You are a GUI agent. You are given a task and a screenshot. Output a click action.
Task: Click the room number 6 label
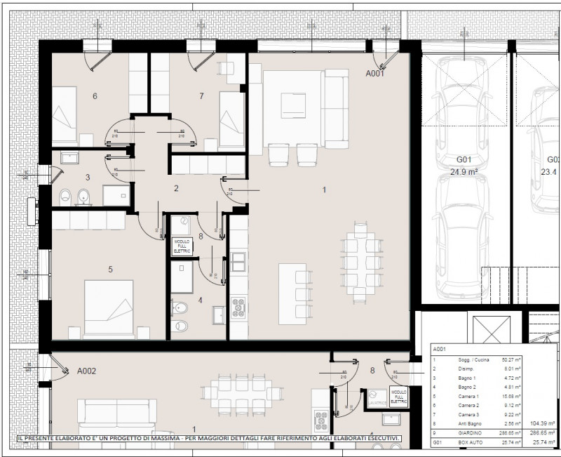[x=95, y=96]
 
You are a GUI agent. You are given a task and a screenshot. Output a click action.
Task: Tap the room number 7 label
[x=201, y=96]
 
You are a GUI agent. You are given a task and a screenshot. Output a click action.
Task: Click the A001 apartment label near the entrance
[x=376, y=73]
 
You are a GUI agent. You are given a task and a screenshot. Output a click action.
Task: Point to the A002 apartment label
[x=87, y=371]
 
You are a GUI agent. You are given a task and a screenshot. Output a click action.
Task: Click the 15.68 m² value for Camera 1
[x=512, y=395]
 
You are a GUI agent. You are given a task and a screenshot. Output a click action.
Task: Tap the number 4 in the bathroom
[x=201, y=300]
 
